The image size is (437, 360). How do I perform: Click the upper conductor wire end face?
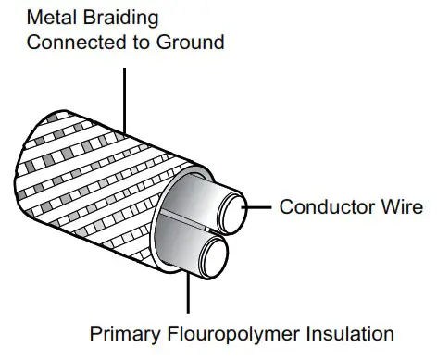click(x=232, y=207)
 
